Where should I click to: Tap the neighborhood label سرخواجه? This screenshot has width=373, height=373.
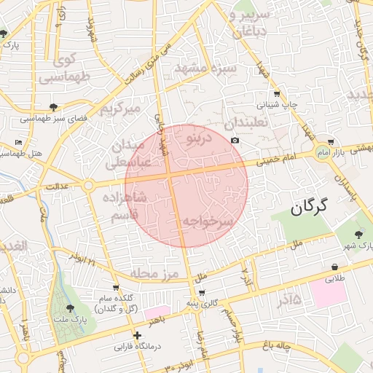[x=208, y=221]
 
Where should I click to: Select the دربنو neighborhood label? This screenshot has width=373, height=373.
[x=199, y=136]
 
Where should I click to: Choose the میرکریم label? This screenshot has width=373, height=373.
[x=118, y=109]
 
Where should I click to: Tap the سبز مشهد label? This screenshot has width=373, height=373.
[x=205, y=69]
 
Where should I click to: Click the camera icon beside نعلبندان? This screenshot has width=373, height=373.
[x=235, y=140]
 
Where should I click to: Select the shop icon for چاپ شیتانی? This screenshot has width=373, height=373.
[x=277, y=94]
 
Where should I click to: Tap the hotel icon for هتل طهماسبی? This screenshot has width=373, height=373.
[x=18, y=141]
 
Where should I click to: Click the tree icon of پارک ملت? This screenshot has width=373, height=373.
[x=70, y=309]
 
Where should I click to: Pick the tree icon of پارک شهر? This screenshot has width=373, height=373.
[x=357, y=234]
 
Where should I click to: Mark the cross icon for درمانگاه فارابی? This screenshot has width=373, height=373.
[x=137, y=335]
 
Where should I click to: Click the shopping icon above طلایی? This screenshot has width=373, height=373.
[x=334, y=267]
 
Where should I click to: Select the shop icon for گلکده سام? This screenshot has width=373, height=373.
[x=116, y=288]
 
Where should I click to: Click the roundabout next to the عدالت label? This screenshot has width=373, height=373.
[x=88, y=186]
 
